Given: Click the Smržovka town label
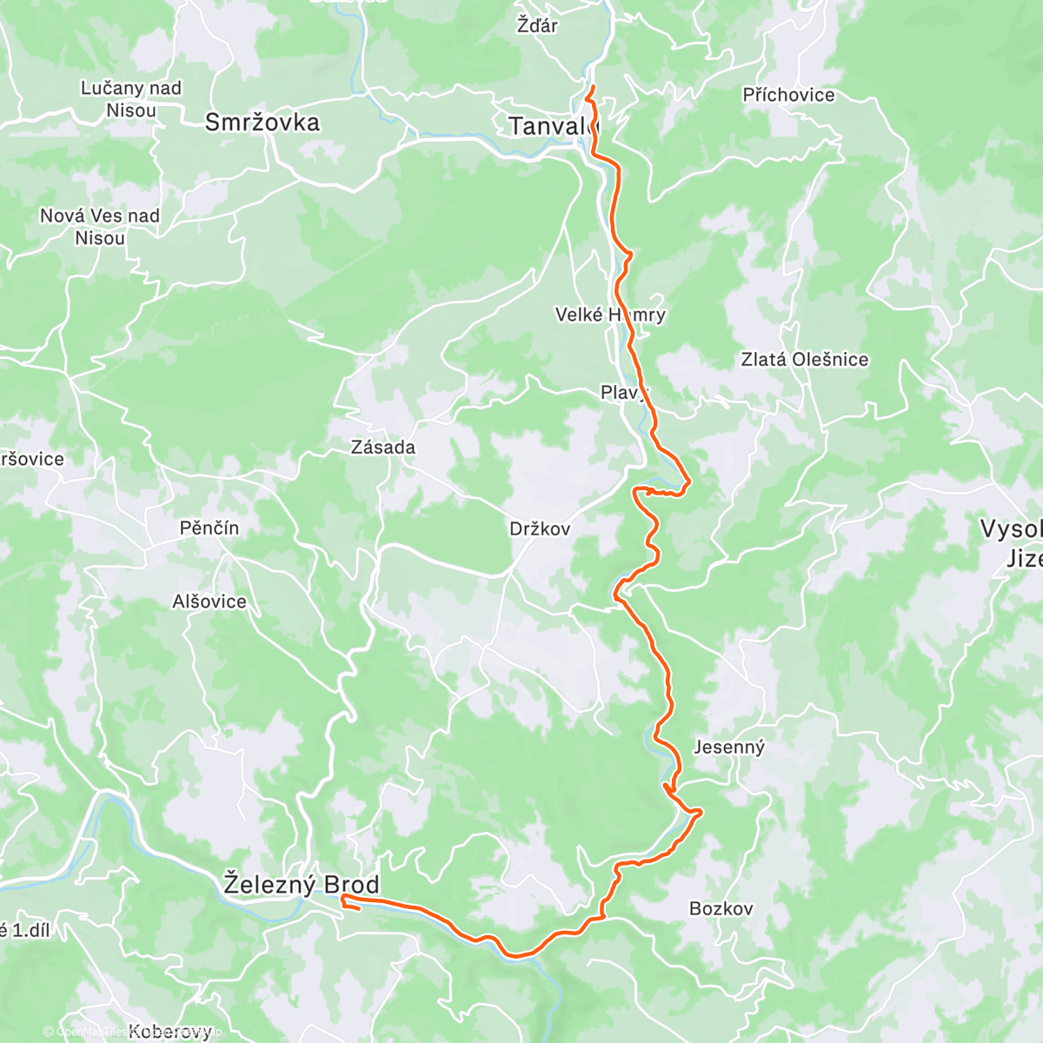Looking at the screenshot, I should tap(262, 123).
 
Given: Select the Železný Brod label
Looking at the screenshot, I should tap(301, 885).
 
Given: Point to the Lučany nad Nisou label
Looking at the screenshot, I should tap(131, 99).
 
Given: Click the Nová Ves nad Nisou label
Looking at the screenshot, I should tap(100, 227).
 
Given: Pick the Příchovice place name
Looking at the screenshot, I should tap(788, 95).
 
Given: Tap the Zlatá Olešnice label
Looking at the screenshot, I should tap(804, 359).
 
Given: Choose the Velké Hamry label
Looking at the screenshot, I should tap(610, 315).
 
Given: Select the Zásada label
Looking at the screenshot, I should tap(382, 448).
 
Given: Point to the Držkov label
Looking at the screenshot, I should tap(540, 528).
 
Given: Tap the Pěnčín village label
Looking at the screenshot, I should tap(209, 528).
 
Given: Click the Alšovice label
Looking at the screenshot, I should tap(209, 601).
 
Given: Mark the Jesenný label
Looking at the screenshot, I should tap(729, 747).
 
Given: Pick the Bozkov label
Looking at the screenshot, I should tap(721, 908).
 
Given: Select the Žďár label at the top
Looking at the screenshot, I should tap(537, 25).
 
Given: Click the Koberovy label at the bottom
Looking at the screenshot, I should tap(169, 1032).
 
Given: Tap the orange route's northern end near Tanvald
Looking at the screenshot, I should tap(591, 89).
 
